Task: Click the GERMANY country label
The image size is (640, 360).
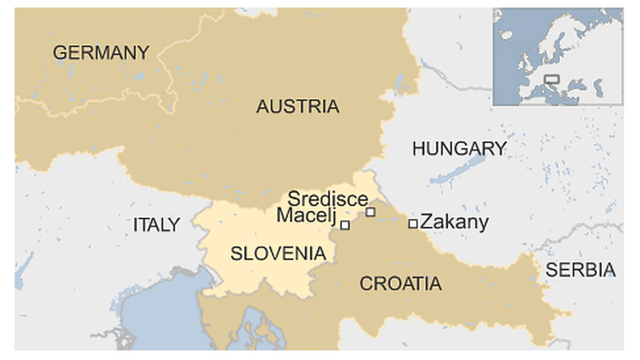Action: (101, 52)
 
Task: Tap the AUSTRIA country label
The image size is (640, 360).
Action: (298, 106)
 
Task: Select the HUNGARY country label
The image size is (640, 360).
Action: (459, 149)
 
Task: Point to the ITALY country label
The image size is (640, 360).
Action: (156, 225)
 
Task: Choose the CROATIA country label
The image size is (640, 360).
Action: (400, 283)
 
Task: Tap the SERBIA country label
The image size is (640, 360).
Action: (581, 270)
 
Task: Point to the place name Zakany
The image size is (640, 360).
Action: (454, 222)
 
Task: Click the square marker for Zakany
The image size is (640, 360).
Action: (413, 224)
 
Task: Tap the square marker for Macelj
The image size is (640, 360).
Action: (345, 225)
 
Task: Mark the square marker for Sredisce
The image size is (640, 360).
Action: (370, 212)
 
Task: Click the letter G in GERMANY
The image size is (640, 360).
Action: (60, 52)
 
